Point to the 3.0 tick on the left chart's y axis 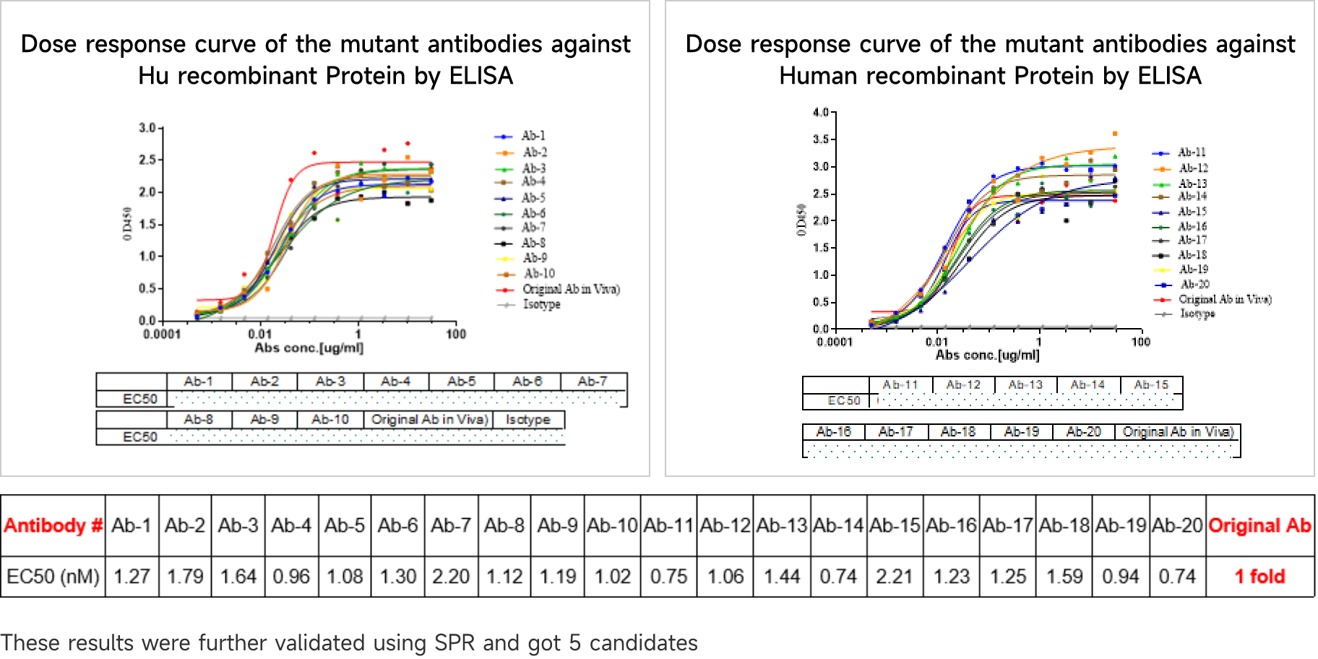pyautogui.click(x=147, y=128)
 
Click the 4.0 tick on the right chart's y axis pyautogui.click(x=821, y=112)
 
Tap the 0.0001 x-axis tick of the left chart pyautogui.click(x=162, y=334)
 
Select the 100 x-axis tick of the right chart pyautogui.click(x=1140, y=342)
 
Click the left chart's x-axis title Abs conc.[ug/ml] pyautogui.click(x=309, y=348)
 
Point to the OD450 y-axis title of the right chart pyautogui.click(x=801, y=220)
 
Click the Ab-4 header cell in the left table pyautogui.click(x=395, y=382)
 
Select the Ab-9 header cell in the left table pyautogui.click(x=264, y=419)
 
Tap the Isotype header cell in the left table pyautogui.click(x=527, y=419)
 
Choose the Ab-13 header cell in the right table pyautogui.click(x=1025, y=385)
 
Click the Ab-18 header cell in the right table pyautogui.click(x=958, y=431)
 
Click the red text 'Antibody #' pyautogui.click(x=53, y=525)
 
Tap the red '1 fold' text pyautogui.click(x=1260, y=576)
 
